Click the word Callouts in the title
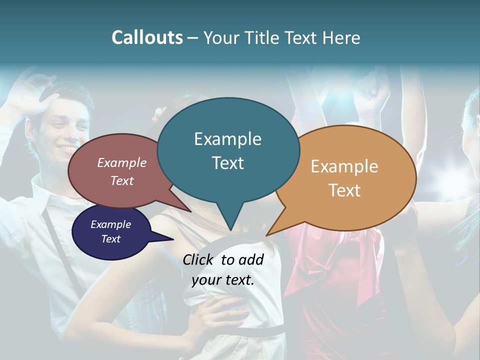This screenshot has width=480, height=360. [x=147, y=37]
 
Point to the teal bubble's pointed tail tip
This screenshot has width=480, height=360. [x=230, y=230]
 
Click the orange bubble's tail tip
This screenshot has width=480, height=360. [x=266, y=235]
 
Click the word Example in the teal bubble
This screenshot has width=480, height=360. [x=227, y=139]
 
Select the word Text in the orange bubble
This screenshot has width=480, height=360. [x=344, y=190]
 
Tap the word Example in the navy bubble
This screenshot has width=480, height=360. [x=110, y=224]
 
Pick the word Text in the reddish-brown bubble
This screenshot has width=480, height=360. [x=122, y=180]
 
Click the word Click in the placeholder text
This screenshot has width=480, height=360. [x=199, y=259]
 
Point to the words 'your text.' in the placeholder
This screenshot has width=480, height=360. [x=223, y=280]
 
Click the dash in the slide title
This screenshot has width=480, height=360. [x=193, y=38]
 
